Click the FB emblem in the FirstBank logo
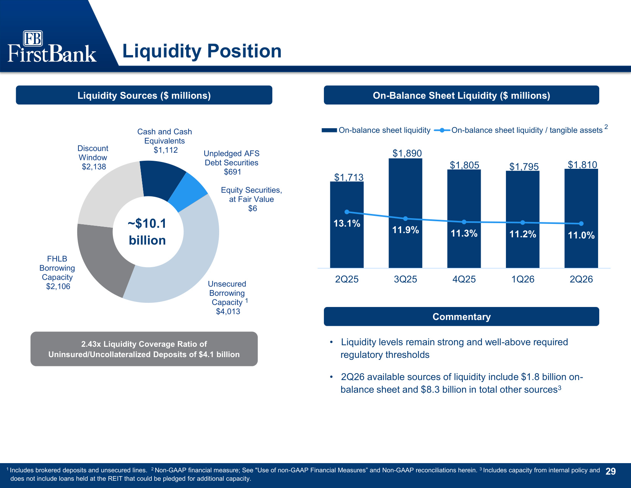tap(33, 38)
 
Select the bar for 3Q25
tap(405, 213)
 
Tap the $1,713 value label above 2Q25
tap(349, 177)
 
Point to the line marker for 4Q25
tap(464, 222)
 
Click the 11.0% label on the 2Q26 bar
tap(581, 235)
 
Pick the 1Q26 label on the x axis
tap(523, 279)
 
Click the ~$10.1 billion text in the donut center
tap(147, 232)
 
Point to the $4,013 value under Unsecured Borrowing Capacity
tap(228, 312)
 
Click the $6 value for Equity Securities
tap(252, 208)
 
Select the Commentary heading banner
tap(462, 317)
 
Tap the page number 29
tap(611, 471)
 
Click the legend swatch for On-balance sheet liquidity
tap(329, 130)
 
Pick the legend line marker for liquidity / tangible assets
tap(442, 130)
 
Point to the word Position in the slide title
tap(244, 51)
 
